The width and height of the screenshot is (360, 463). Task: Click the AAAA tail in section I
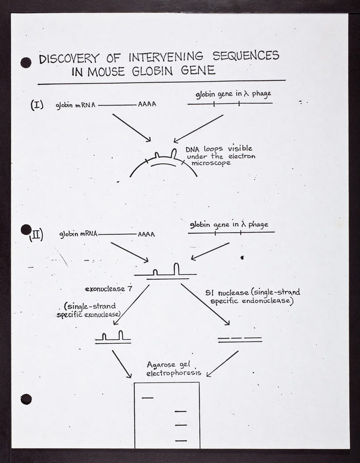coord(146,105)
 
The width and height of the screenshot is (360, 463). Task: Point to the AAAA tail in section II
coord(146,235)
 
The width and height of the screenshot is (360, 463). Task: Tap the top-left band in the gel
coord(148,397)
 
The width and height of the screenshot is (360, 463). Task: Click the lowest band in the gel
coord(181,441)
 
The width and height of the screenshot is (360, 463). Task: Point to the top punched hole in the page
coord(25,62)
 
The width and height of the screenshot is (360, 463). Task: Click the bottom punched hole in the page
coord(25,399)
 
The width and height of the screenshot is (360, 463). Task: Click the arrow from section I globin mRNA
coord(131,127)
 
